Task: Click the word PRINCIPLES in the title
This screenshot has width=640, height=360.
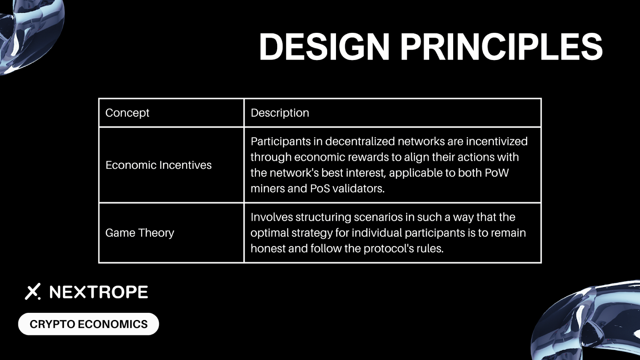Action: tap(502, 46)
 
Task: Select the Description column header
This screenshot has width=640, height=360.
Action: tap(280, 113)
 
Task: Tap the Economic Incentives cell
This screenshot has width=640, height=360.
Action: tap(158, 165)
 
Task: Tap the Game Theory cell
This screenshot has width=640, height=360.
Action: tap(140, 233)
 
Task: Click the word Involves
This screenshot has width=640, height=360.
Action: tap(272, 217)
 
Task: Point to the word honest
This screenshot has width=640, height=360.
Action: tap(268, 248)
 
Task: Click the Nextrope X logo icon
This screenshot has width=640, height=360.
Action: tap(33, 292)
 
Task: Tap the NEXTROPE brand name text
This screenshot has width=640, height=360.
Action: tap(98, 292)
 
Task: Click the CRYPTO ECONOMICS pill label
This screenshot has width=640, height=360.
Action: tap(88, 324)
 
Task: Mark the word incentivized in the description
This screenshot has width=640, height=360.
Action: tap(497, 142)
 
